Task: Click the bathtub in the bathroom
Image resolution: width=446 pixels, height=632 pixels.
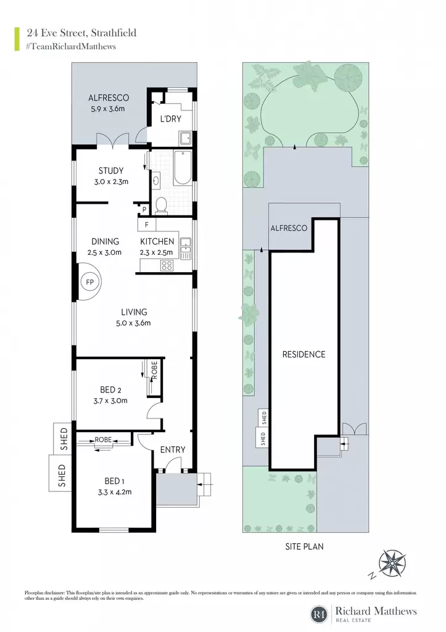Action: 183,168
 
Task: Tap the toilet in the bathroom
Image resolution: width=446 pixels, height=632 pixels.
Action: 161,204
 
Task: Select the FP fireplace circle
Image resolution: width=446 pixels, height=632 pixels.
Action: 89,281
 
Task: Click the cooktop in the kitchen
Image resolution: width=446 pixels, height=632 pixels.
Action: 167,265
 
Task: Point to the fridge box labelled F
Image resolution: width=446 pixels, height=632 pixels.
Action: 147,225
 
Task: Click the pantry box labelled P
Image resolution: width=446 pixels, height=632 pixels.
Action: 144,210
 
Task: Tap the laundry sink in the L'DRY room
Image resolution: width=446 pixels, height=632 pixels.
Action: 186,139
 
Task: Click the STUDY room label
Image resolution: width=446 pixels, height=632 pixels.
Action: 111,170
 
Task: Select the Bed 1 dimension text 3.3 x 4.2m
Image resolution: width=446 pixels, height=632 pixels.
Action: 115,492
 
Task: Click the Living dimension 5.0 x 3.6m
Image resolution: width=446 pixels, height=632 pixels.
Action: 133,323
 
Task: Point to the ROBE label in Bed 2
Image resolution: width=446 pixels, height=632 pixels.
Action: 154,371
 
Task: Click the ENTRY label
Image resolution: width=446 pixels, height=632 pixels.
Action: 173,449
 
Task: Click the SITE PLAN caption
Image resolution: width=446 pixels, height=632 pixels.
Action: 304,547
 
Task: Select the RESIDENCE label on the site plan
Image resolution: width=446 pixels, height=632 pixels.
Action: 304,354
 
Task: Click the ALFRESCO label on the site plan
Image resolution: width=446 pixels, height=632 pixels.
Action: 289,228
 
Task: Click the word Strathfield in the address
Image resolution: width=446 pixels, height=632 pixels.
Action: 114,33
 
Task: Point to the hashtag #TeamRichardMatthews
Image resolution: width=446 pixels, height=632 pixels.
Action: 71,46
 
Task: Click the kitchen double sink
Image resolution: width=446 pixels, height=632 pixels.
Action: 186,248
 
